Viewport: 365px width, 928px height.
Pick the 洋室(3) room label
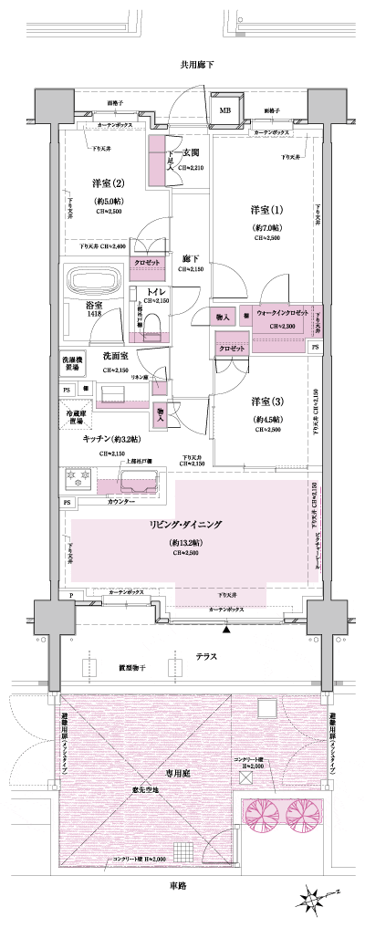[x=267, y=402]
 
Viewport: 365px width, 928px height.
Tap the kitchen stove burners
[x=76, y=477]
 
